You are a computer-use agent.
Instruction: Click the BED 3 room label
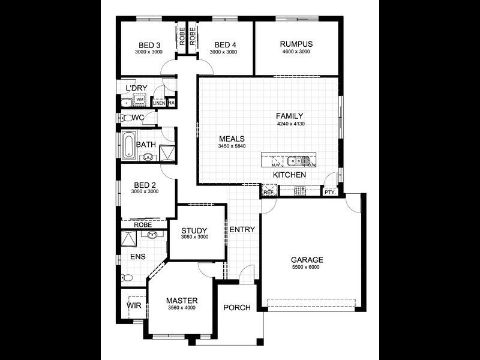149,44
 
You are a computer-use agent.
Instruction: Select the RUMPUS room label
296,44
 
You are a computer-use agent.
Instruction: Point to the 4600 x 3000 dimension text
296,52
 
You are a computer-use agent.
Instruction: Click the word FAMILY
290,116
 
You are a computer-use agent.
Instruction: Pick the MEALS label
232,139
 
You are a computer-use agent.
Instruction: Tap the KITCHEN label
290,175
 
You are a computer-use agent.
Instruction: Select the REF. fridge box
268,192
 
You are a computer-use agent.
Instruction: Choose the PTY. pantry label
329,193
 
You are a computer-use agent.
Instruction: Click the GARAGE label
307,260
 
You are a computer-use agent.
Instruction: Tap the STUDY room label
194,230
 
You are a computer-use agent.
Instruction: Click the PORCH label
236,308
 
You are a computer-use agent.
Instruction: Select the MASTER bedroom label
182,301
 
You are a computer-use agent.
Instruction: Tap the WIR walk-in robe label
133,305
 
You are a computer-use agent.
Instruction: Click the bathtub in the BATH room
128,145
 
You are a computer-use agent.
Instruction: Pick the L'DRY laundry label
136,89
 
